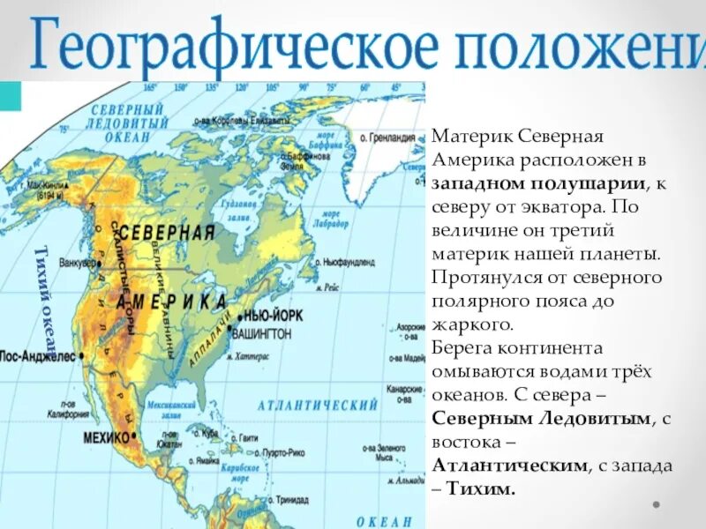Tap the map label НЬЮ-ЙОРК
pyautogui.click(x=262, y=316)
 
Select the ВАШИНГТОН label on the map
pyautogui.click(x=261, y=333)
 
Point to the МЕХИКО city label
pyautogui.click(x=106, y=437)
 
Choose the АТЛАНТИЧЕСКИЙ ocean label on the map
pyautogui.click(x=318, y=405)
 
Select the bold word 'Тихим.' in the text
pyautogui.click(x=483, y=488)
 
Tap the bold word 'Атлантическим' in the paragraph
pyautogui.click(x=508, y=465)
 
